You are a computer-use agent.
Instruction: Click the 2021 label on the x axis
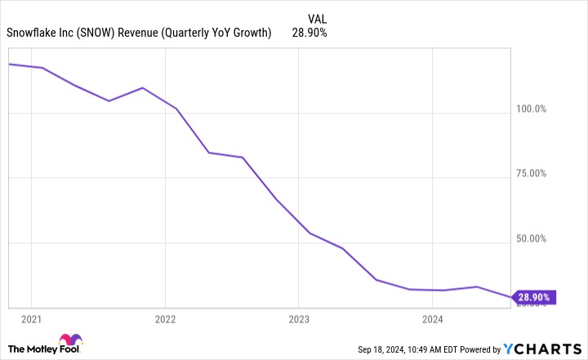(x=31, y=318)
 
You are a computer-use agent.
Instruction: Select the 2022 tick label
(x=165, y=318)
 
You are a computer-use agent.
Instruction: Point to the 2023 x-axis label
(x=298, y=318)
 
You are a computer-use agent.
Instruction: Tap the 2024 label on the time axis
(x=432, y=318)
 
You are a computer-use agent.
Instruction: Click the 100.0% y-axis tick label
(x=529, y=109)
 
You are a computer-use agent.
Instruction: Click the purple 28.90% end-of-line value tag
(x=535, y=297)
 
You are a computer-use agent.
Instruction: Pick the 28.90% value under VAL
(x=310, y=33)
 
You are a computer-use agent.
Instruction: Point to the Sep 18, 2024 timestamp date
(x=385, y=350)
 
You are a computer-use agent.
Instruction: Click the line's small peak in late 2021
(x=143, y=87)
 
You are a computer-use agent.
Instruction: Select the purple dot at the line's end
(x=512, y=297)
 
